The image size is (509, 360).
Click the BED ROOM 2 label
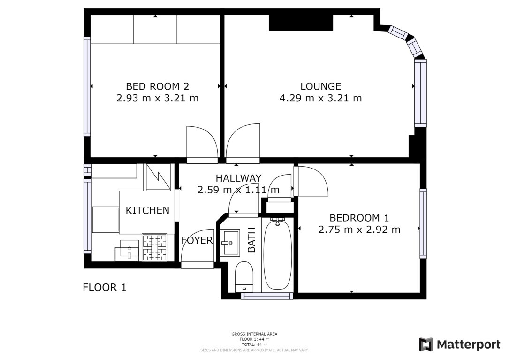[x=157, y=86]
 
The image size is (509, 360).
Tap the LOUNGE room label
[x=320, y=86]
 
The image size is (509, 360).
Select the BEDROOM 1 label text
[x=359, y=218]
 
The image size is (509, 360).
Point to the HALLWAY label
[x=238, y=178]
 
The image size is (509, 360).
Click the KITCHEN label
[x=147, y=210]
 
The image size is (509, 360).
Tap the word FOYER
[x=197, y=241]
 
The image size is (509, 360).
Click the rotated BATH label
[x=251, y=240]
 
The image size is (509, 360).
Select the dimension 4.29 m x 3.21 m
[x=320, y=98]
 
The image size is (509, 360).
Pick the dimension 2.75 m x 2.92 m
[x=359, y=230]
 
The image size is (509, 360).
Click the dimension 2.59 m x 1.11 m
[x=238, y=190]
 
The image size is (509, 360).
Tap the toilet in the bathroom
[x=243, y=276]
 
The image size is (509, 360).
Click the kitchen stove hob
[x=154, y=247]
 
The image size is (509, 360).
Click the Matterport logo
[x=459, y=344]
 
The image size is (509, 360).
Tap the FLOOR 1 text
[x=104, y=287]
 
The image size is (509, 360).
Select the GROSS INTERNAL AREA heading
[x=254, y=334]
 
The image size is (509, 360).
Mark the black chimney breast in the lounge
[x=300, y=23]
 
